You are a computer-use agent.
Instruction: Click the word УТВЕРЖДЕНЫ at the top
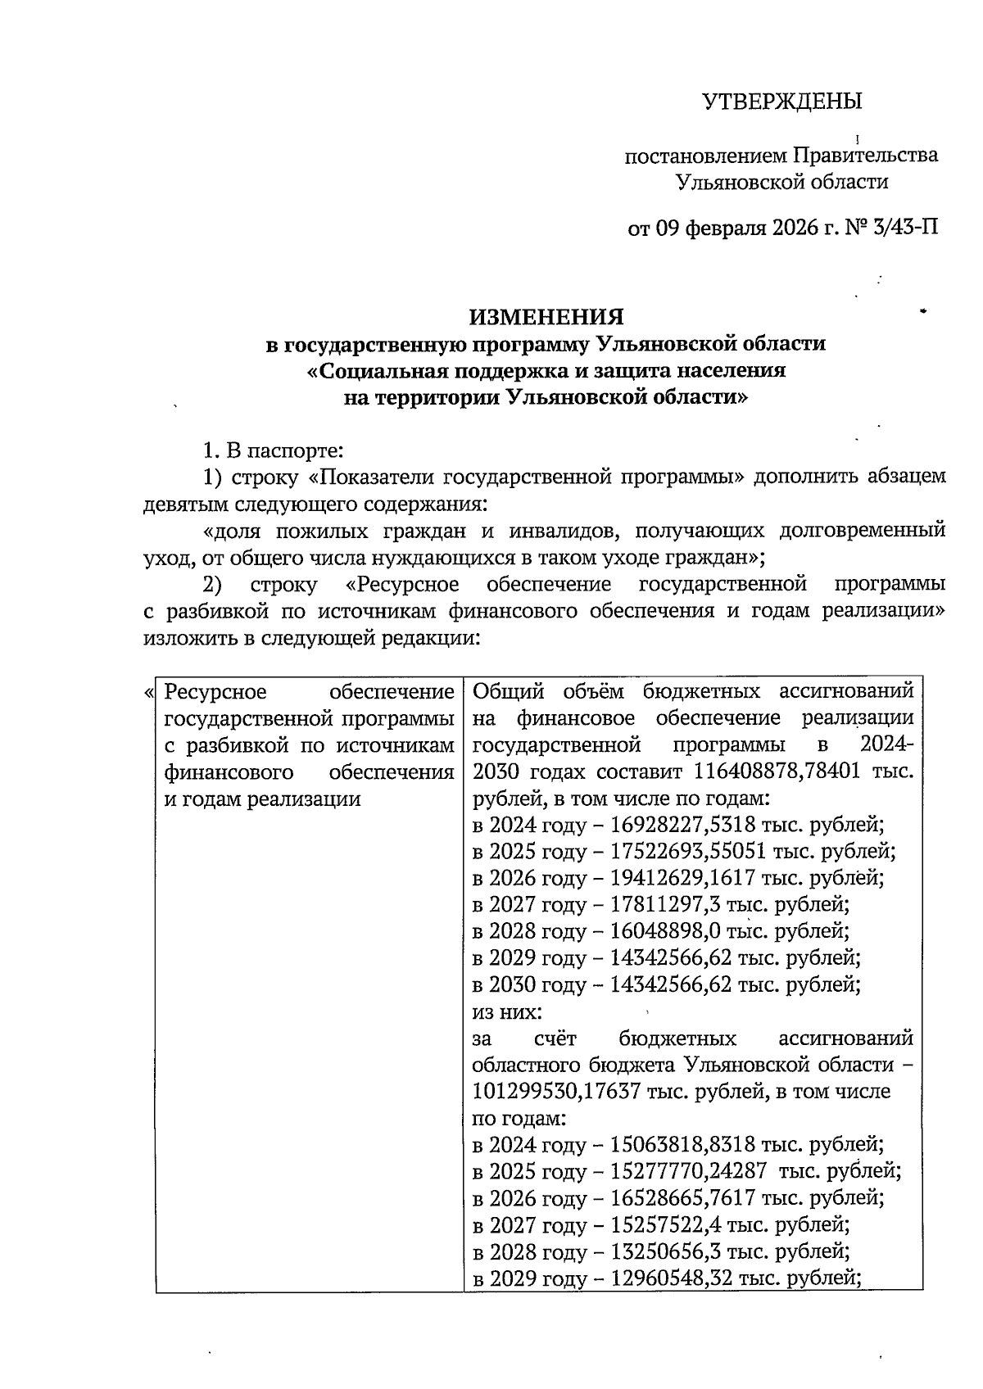tap(782, 102)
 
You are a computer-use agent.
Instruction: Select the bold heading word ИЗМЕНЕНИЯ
tap(546, 317)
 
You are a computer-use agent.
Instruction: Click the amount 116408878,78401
tap(778, 771)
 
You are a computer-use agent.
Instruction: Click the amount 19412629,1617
tap(682, 878)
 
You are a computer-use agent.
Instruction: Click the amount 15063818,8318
tap(682, 1145)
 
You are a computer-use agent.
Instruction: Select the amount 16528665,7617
tap(682, 1198)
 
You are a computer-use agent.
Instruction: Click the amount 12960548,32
tap(670, 1278)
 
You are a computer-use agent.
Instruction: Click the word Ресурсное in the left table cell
tap(215, 692)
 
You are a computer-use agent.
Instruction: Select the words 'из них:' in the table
tap(507, 1012)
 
